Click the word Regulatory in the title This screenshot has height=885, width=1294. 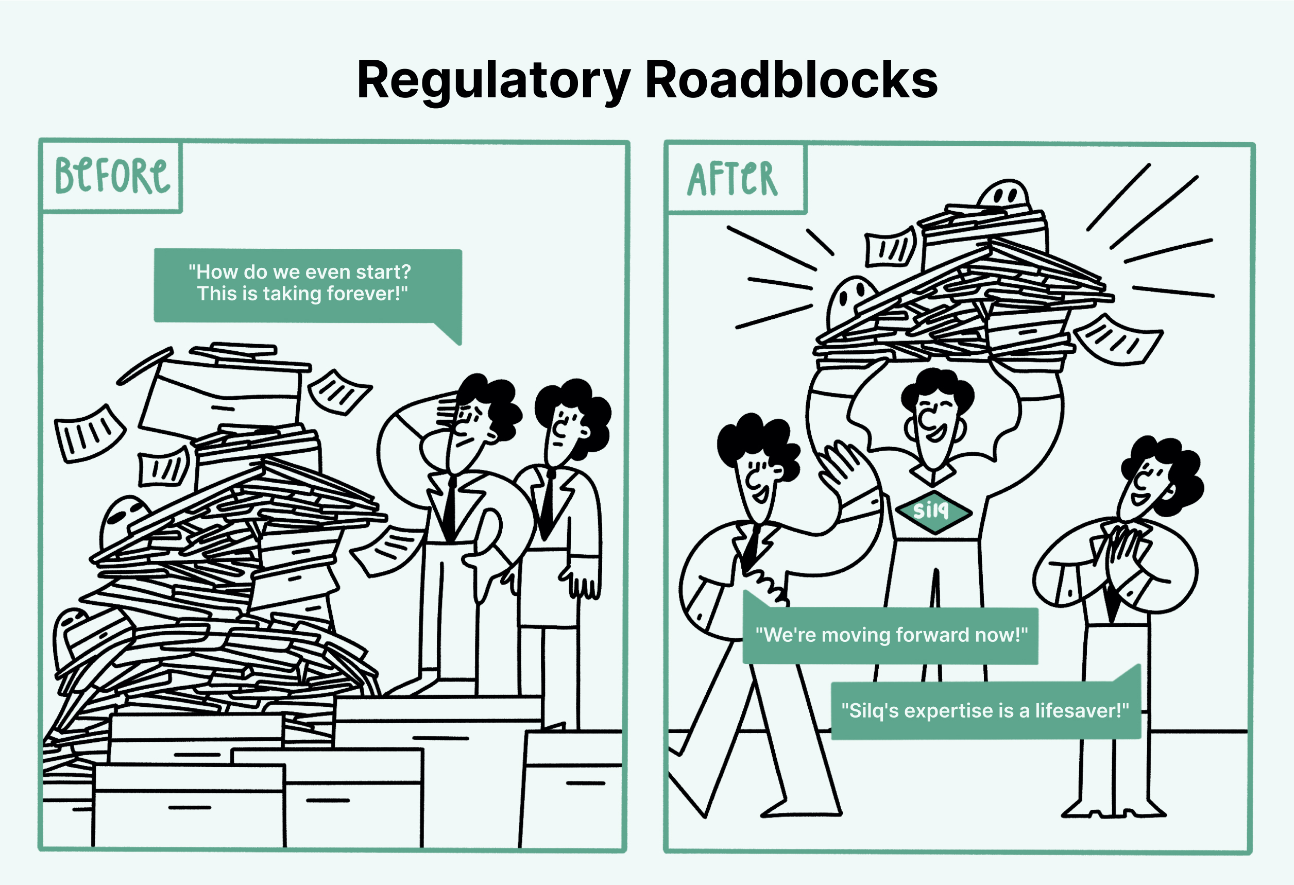click(x=493, y=81)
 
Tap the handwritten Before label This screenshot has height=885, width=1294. click(x=111, y=176)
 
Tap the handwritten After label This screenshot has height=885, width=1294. click(x=732, y=179)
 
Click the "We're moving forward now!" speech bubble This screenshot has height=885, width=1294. click(x=890, y=636)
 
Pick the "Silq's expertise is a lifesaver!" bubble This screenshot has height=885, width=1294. click(x=985, y=711)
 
